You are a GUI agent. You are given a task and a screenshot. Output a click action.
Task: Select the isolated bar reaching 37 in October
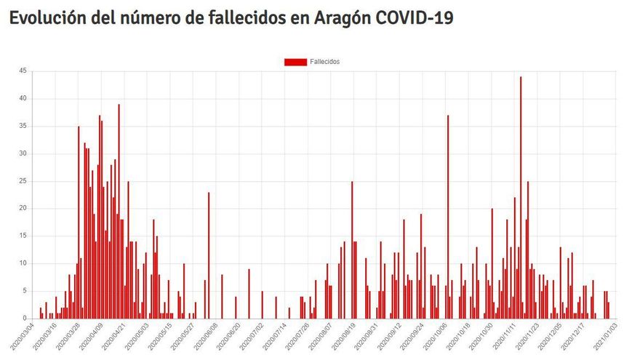tap(448, 218)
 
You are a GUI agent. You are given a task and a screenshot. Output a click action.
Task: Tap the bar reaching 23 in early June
tap(209, 255)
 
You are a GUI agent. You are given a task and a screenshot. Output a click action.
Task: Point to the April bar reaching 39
tap(119, 211)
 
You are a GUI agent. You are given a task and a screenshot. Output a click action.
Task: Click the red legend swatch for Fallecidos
tap(295, 62)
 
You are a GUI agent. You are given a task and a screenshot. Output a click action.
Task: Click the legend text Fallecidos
tap(324, 62)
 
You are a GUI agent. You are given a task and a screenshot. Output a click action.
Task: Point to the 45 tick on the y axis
tap(23, 71)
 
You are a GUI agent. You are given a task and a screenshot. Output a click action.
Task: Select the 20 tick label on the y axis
tap(23, 208)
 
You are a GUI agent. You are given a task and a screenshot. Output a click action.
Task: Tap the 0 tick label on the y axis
tap(24, 319)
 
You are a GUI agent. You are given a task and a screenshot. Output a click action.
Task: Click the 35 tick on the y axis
tap(23, 126)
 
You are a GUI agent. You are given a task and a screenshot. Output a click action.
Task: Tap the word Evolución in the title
tap(45, 17)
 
